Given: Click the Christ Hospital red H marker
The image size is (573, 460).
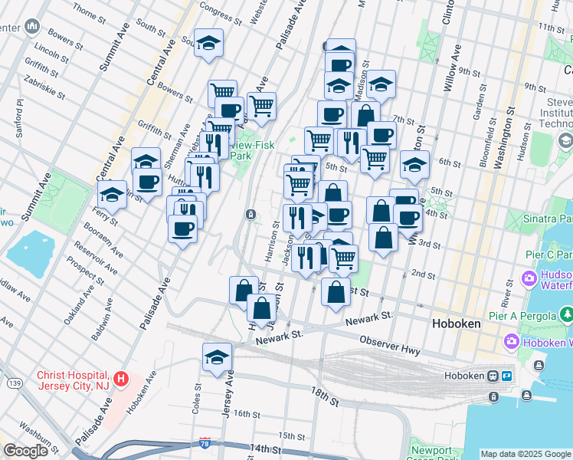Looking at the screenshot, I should pos(120,378).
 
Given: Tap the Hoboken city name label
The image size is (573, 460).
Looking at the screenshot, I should pos(455,324).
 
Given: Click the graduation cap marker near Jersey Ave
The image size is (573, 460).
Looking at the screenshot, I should pos(217,356).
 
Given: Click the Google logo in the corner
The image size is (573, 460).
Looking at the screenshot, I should pos(26,451).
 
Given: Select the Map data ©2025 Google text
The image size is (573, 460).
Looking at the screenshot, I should pos(526,454).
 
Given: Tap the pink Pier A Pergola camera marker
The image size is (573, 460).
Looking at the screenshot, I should pos(528,278).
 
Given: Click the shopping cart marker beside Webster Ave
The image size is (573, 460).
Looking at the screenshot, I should pos(261,105).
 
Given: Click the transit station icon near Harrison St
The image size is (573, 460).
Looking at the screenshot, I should pos(250,215).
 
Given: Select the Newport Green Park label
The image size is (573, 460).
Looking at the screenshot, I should pos(431,452).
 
